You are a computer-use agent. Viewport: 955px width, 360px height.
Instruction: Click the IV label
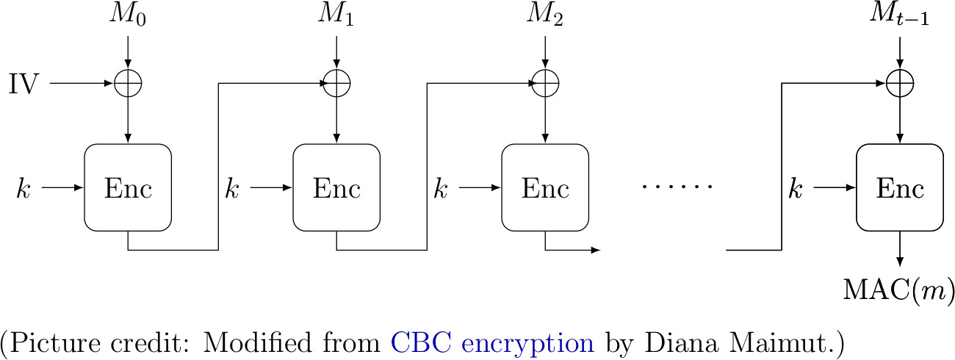coord(24,84)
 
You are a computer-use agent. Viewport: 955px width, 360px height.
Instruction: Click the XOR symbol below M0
coord(129,84)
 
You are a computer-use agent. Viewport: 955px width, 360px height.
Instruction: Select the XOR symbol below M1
coord(336,84)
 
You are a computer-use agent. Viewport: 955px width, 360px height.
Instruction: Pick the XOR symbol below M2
coord(545,84)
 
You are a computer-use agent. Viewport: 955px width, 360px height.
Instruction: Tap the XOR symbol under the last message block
coord(901,84)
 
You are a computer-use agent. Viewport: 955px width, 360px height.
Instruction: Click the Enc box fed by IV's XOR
coord(129,188)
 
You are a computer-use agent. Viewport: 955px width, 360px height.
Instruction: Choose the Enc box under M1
coord(336,188)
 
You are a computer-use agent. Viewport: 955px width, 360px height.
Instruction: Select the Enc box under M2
coord(545,188)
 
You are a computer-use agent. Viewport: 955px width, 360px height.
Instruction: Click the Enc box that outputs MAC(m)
coord(901,188)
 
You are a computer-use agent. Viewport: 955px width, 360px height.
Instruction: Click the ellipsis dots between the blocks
coord(677,188)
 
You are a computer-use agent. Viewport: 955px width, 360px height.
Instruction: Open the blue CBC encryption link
coord(492,342)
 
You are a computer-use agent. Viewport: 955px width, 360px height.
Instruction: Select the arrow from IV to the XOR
coord(81,84)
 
